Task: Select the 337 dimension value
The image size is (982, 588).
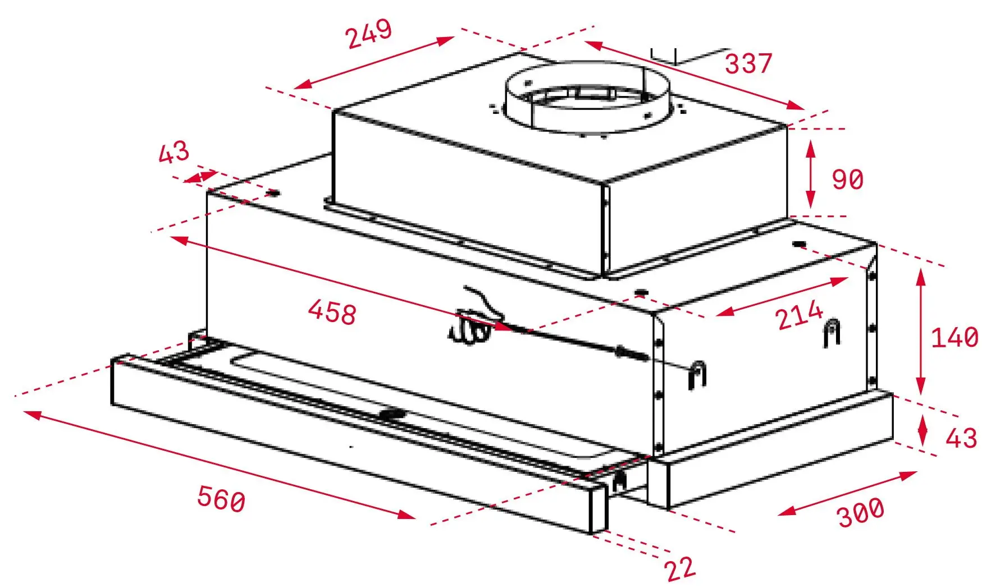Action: click(x=748, y=63)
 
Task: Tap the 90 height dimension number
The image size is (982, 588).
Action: click(x=847, y=180)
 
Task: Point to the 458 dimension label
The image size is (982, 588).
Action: click(x=332, y=312)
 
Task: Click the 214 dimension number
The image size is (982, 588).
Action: click(x=800, y=315)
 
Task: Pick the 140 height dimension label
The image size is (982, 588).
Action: click(x=954, y=338)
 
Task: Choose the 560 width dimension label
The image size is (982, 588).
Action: click(x=221, y=499)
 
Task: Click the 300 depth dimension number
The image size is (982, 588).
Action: click(x=860, y=512)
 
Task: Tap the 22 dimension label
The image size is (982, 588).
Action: click(x=680, y=569)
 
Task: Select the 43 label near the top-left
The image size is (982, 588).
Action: click(x=173, y=152)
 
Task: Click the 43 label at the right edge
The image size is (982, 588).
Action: click(x=961, y=438)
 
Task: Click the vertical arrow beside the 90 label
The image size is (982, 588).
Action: click(x=810, y=174)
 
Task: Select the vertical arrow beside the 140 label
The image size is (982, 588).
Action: click(x=920, y=332)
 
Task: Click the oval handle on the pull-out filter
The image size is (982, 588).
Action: click(x=392, y=415)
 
